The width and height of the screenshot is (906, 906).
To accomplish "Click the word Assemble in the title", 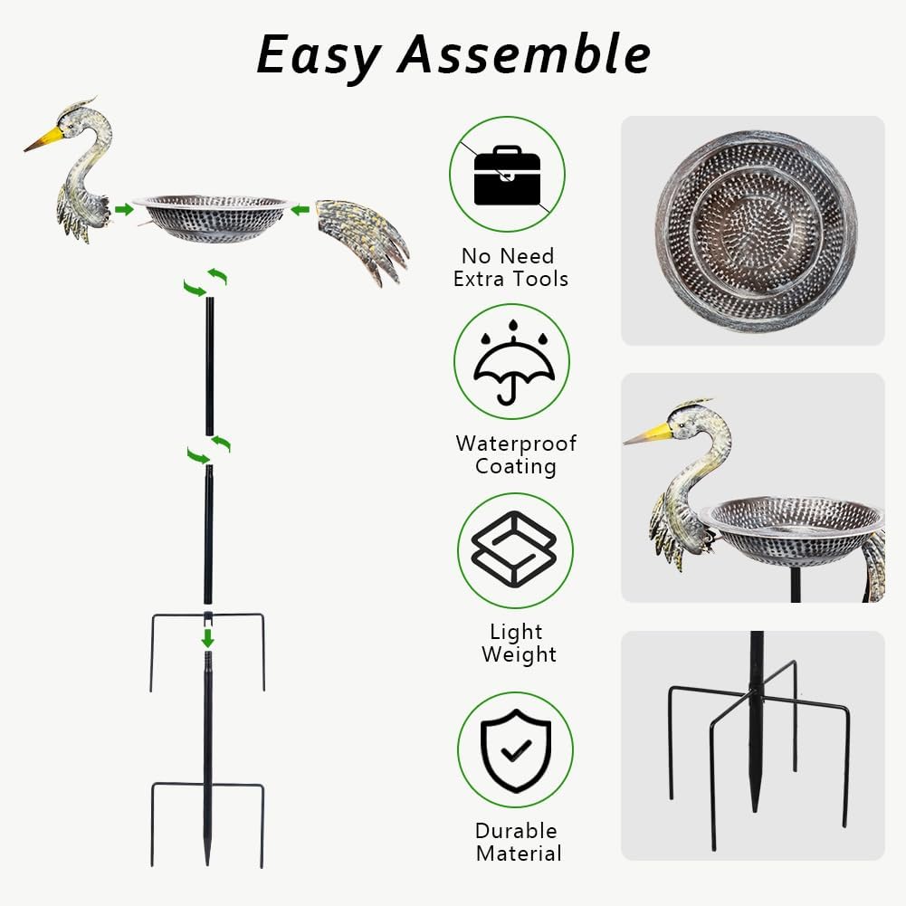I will [x=524, y=54].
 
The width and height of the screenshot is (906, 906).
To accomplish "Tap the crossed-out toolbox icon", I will [x=507, y=174].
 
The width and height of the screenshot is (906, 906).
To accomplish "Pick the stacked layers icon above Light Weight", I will [x=514, y=549].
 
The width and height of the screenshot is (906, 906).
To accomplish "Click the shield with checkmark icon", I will [x=514, y=749].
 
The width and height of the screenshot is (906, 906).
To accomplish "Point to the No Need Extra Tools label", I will [x=510, y=268].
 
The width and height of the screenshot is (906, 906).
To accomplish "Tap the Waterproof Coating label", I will [x=515, y=455].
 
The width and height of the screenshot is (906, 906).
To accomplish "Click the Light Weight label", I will [x=516, y=643].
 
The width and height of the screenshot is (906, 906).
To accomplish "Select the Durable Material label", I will [x=518, y=842].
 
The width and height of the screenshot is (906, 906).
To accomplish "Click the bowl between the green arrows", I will [x=213, y=217].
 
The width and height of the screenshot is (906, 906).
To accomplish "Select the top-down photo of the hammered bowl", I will [x=755, y=231].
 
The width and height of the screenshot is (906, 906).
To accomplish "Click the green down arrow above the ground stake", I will [x=207, y=638].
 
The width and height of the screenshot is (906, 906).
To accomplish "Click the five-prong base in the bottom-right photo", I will [x=756, y=724].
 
